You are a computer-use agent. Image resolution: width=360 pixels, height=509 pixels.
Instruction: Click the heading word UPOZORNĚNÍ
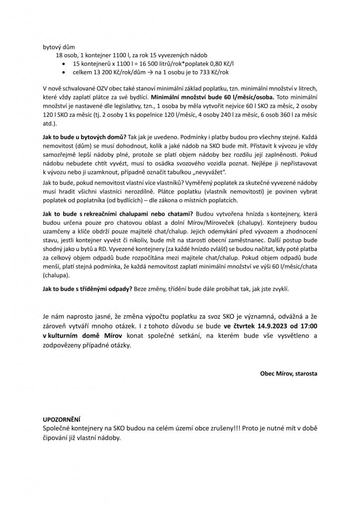[62, 419]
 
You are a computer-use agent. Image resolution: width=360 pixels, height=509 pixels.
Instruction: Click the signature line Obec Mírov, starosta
[288, 373]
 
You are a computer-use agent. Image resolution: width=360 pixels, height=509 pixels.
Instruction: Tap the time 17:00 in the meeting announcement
[306, 325]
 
